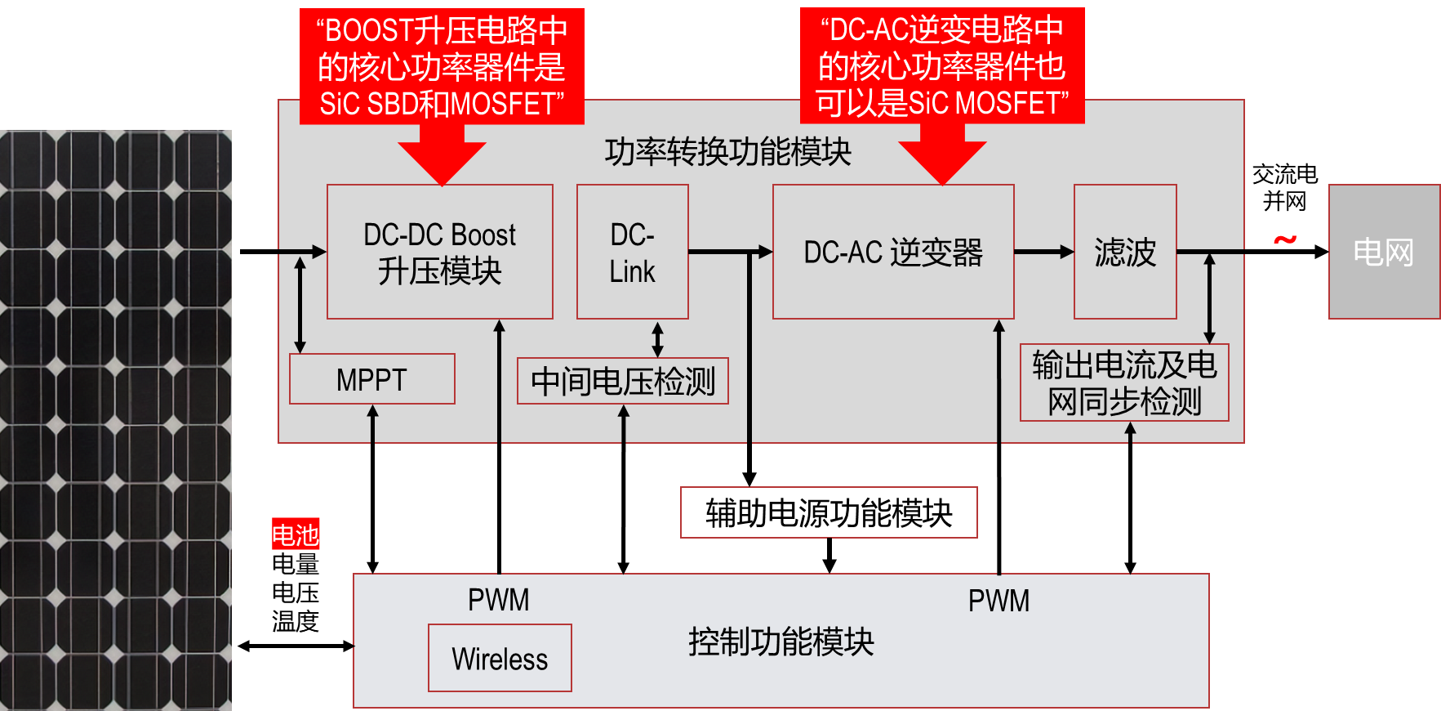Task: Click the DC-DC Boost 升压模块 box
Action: (439, 252)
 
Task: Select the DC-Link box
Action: (632, 252)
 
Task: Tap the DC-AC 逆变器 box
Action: (893, 252)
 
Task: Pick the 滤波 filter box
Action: (1125, 252)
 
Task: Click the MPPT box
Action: (371, 379)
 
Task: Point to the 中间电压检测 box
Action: (622, 381)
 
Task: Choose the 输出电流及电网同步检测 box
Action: (1124, 382)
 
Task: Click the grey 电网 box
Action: (1384, 252)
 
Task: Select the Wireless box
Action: (500, 659)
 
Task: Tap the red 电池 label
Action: (296, 534)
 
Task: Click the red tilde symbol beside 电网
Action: (1285, 239)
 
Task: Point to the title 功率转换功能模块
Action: (727, 152)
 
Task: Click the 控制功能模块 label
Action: (781, 642)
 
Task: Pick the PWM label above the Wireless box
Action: (498, 601)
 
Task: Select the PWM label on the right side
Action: (998, 601)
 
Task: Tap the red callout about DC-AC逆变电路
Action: (942, 66)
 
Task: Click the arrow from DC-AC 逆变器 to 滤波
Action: (1043, 252)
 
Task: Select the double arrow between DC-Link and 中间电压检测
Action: (657, 339)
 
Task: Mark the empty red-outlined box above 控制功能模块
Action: (829, 512)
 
